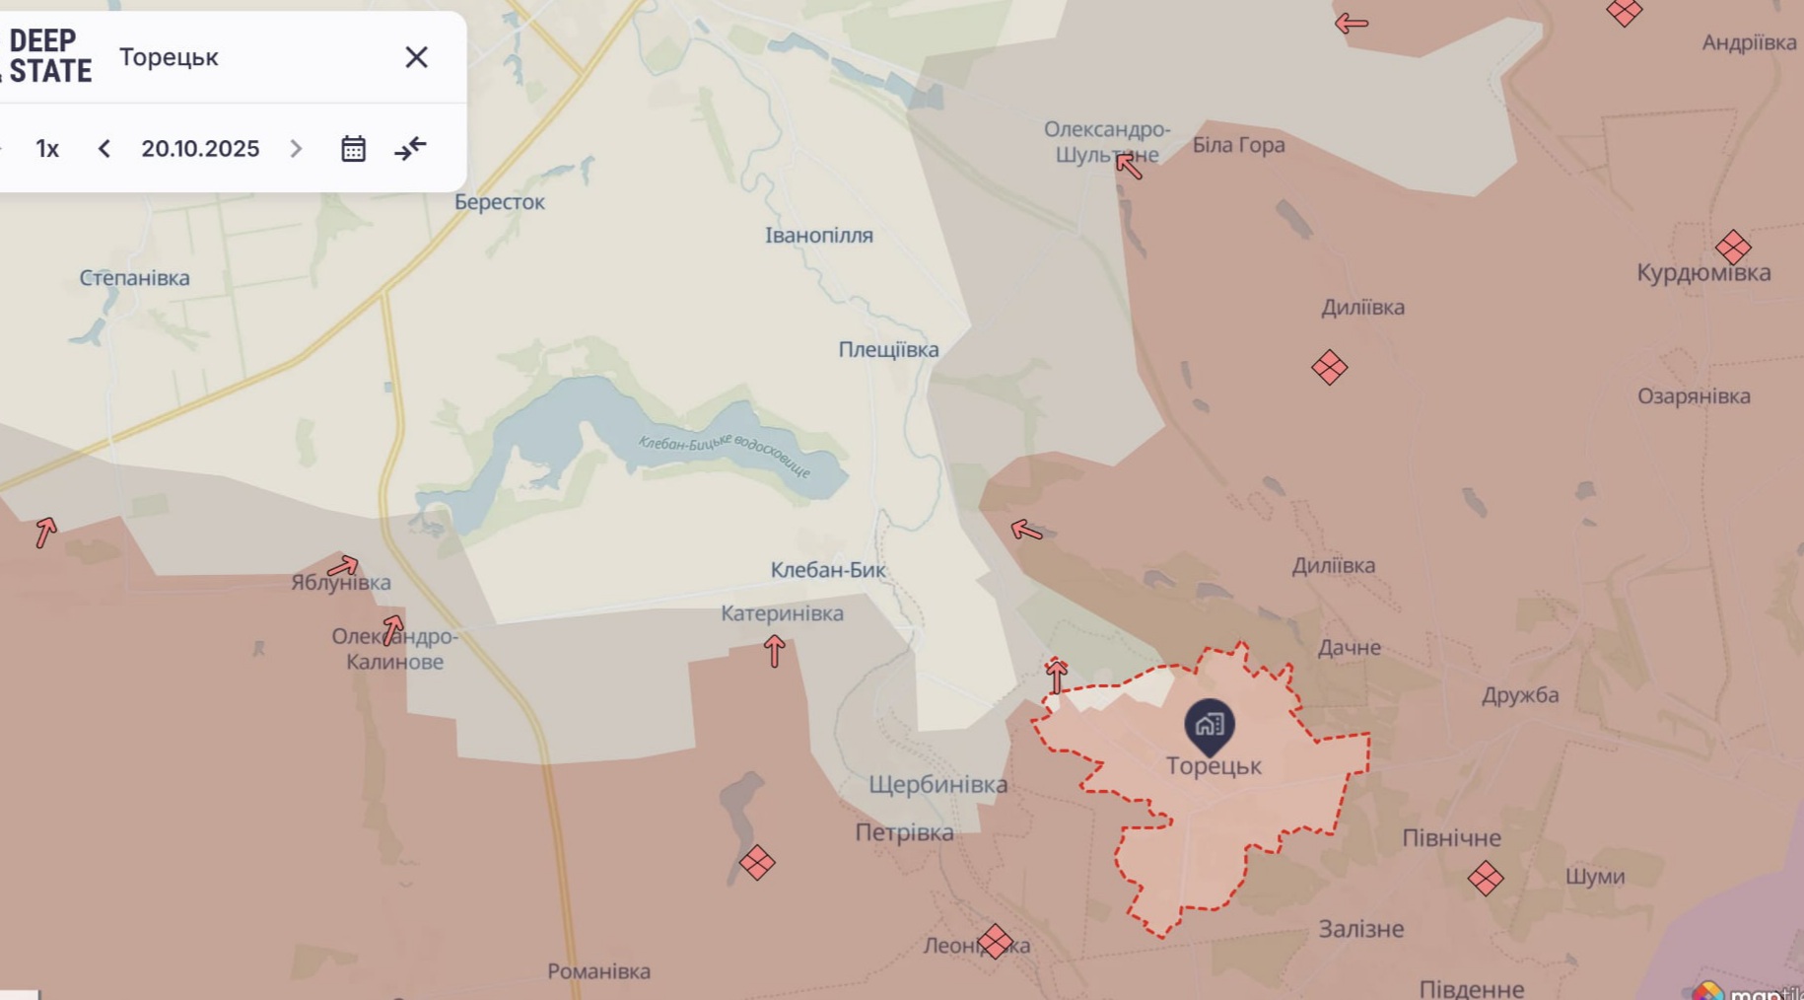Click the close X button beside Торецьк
pos(416,57)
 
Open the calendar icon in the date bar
pos(353,149)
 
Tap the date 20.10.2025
pos(200,149)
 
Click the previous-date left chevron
pos(104,149)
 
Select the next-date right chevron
pos(296,149)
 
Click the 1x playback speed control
pos(47,149)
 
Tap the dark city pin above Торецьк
pos(1209,726)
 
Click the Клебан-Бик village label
pos(827,570)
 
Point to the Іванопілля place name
pos(818,236)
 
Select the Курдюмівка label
pos(1702,273)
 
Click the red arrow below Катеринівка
pos(774,651)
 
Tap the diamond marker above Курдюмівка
pos(1732,247)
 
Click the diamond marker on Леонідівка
pos(995,942)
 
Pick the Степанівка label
pos(134,278)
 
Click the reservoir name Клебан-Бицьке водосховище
pos(724,455)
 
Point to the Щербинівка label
pos(937,785)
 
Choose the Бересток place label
pos(499,202)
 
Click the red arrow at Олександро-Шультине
pos(1129,167)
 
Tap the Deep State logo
pos(47,56)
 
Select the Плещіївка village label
pos(888,350)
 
